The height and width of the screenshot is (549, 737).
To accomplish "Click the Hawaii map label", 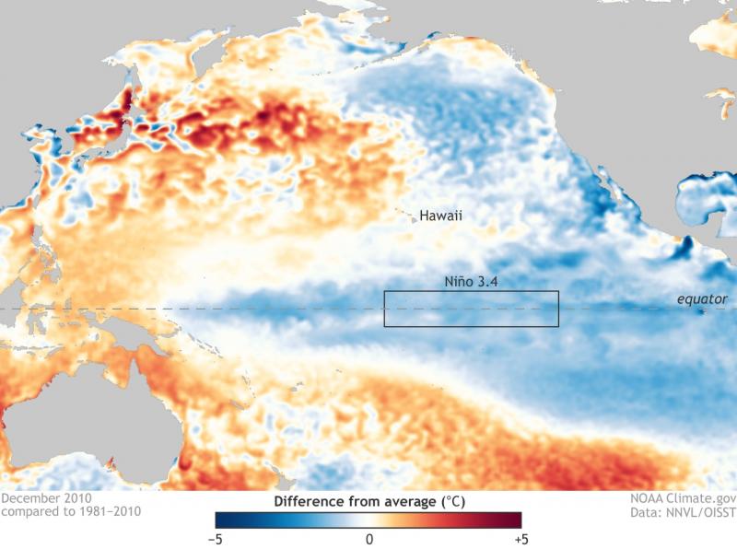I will pyautogui.click(x=440, y=216).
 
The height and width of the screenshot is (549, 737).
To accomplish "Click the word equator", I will pyautogui.click(x=702, y=299).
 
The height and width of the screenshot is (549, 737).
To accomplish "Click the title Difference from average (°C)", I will pyautogui.click(x=368, y=502).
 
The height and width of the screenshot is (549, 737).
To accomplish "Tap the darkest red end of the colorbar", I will pyautogui.click(x=517, y=520).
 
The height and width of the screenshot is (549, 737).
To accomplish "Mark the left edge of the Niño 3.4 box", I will pyautogui.click(x=384, y=309).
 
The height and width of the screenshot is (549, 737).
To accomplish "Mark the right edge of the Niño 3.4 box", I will pyautogui.click(x=559, y=309).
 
